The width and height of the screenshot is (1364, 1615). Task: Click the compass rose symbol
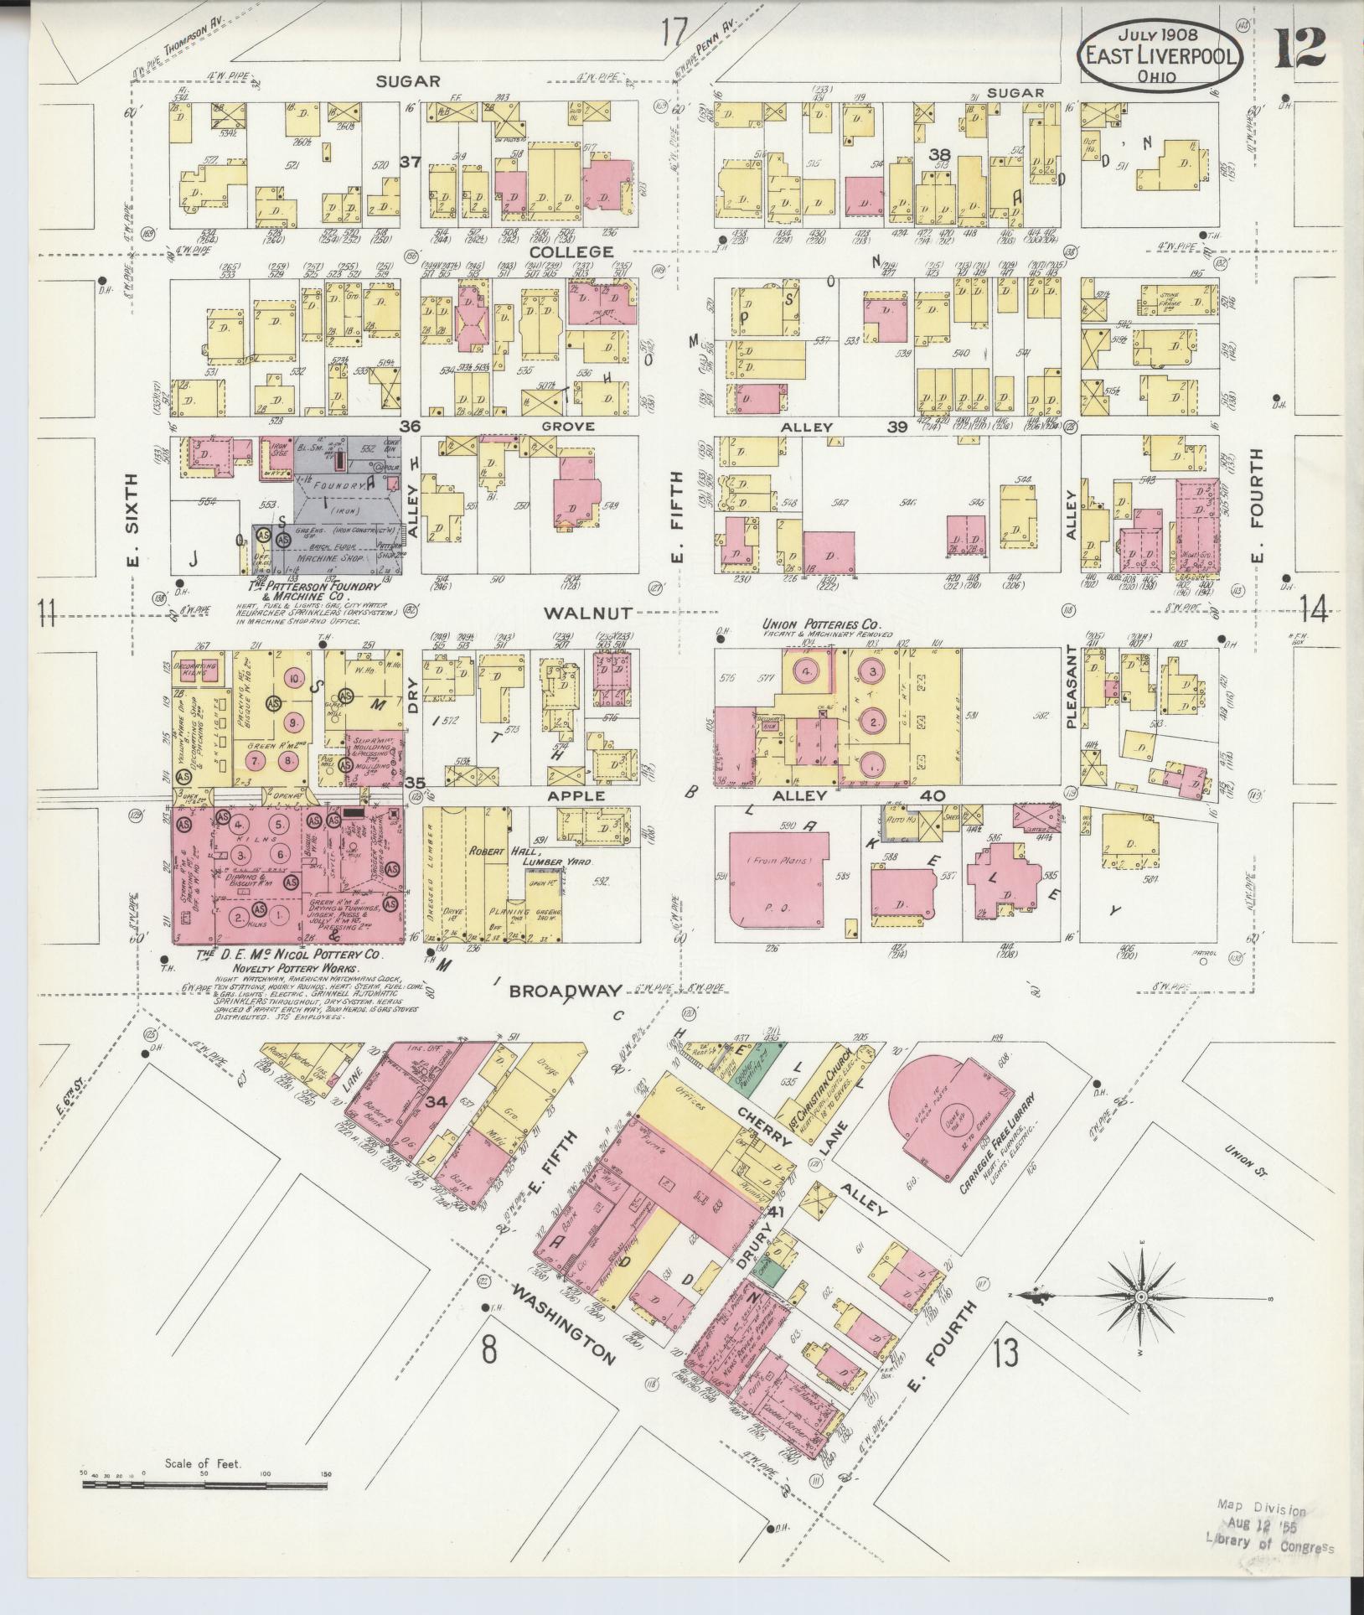(1140, 1320)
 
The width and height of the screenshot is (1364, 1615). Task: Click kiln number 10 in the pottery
(294, 677)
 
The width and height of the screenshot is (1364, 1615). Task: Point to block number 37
(410, 162)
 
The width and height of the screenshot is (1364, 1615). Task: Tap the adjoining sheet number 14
(1315, 613)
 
